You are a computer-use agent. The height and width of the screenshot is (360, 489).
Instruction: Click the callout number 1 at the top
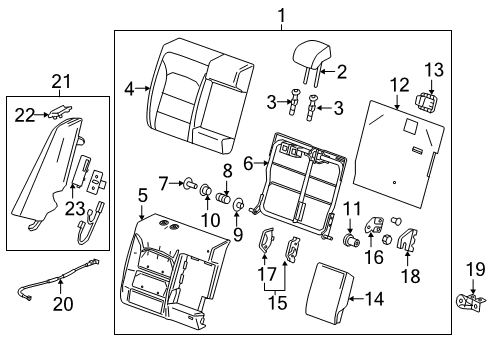254,14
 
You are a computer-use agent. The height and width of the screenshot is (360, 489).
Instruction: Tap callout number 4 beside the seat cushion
130,89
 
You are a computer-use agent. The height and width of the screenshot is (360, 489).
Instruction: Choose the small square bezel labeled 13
431,102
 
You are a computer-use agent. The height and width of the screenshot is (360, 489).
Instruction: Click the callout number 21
62,80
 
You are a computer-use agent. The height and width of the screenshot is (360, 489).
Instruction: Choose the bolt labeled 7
188,182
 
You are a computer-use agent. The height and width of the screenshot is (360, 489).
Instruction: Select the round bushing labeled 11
350,239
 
